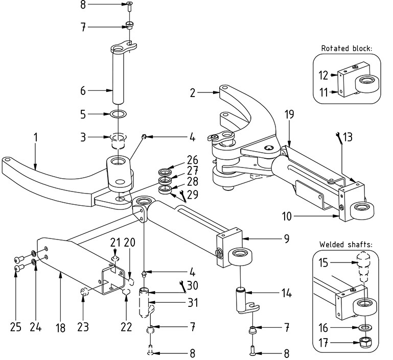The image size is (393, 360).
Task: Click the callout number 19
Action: pos(289,114)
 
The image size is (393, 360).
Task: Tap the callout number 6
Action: pos(83,90)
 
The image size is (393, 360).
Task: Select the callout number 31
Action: pos(193,302)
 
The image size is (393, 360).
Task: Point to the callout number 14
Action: pos(287,293)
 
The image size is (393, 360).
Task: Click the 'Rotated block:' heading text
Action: pos(346,49)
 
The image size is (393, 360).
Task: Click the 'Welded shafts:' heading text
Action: pos(346,244)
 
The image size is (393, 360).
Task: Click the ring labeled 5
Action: pos(118,114)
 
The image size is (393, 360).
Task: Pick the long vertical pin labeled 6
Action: pos(118,75)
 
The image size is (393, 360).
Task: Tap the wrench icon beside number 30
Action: pos(183,286)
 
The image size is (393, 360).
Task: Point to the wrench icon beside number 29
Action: pos(183,196)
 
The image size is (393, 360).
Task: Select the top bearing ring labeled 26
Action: pos(165,172)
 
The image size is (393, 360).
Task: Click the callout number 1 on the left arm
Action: pos(36,137)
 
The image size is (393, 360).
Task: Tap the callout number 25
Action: pos(15,327)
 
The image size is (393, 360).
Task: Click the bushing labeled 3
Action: pos(119,141)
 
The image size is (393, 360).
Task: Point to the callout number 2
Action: pos(193,92)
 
